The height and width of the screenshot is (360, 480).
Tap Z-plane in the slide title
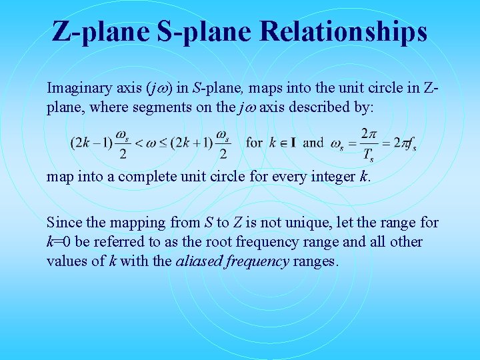(101, 31)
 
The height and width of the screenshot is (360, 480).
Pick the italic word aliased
(197, 260)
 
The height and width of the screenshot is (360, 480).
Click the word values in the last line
(65, 260)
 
